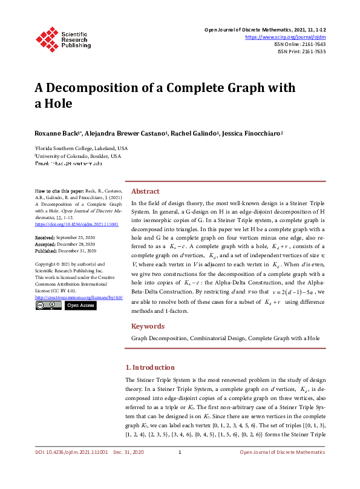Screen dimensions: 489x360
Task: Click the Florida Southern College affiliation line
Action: click(x=82, y=148)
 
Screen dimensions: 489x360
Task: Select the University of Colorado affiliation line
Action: click(x=79, y=156)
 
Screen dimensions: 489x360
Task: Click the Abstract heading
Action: click(x=145, y=191)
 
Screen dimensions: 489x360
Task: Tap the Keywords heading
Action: click(x=148, y=326)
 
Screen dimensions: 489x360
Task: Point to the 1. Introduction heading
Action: click(x=149, y=367)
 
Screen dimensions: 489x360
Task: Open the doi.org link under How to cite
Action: click(x=77, y=224)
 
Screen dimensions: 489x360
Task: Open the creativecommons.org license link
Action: click(x=77, y=298)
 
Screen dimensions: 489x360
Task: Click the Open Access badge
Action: click(x=80, y=306)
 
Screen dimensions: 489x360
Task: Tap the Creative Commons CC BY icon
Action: click(x=48, y=306)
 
